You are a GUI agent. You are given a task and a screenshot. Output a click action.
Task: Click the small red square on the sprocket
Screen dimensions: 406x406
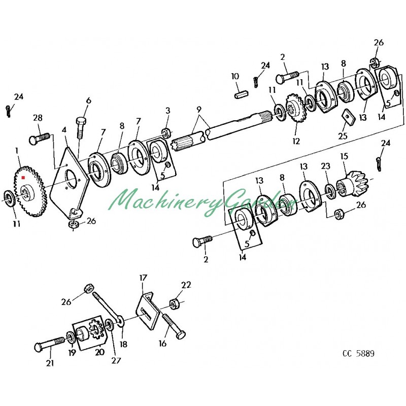(x=23, y=178)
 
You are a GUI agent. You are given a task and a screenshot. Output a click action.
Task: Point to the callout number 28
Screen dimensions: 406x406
(x=38, y=118)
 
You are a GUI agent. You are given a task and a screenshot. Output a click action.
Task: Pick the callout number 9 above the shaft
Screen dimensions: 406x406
(x=199, y=109)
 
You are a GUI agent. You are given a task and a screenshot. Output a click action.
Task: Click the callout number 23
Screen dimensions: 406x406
(x=325, y=165)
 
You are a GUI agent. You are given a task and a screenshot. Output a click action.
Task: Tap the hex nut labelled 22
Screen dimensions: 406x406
(x=174, y=303)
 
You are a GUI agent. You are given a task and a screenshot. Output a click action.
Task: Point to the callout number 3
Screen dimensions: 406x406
(x=167, y=111)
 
